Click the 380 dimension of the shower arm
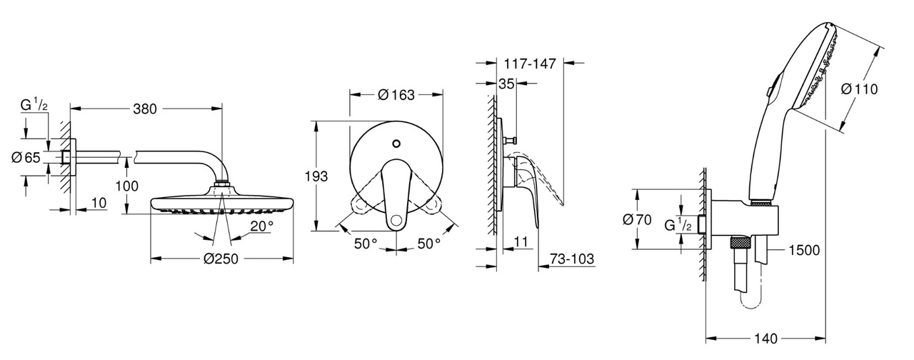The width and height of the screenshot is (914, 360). click(146, 109)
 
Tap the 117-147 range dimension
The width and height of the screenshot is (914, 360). click(528, 62)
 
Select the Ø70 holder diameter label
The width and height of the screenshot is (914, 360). click(637, 220)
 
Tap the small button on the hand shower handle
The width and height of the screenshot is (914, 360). click(766, 92)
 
